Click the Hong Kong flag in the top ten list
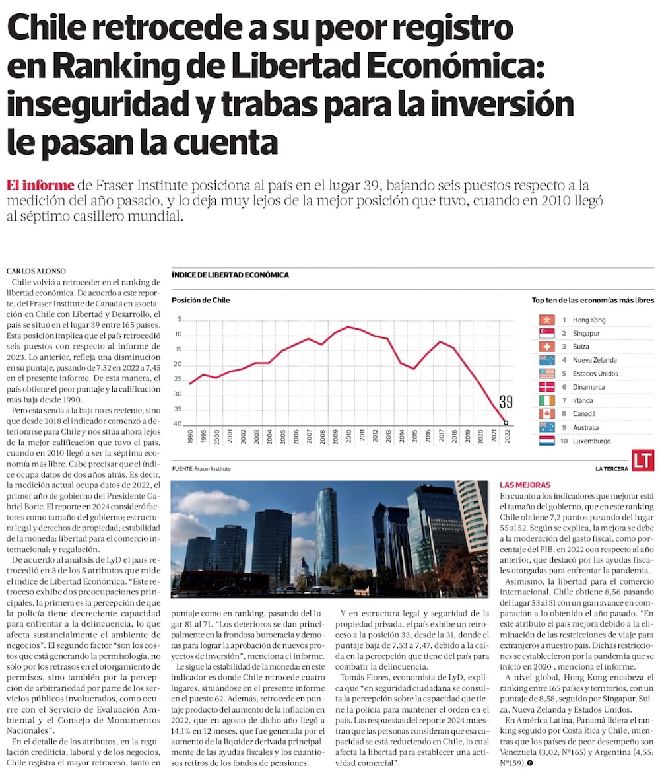tap(546, 320)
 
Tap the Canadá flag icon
tap(546, 413)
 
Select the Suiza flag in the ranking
tap(546, 346)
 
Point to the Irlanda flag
tap(546, 400)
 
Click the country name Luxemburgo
tap(591, 441)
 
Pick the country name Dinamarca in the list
tap(590, 387)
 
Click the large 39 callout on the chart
tap(506, 402)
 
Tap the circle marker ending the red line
tap(506, 423)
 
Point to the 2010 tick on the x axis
tap(348, 436)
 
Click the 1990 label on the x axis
tap(190, 436)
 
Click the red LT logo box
tap(642, 460)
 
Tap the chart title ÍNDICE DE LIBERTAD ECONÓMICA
tap(230, 275)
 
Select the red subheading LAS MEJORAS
tap(525, 485)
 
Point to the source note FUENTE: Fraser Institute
tap(201, 468)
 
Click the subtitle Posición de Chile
tap(201, 301)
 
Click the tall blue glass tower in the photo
tap(326, 528)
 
